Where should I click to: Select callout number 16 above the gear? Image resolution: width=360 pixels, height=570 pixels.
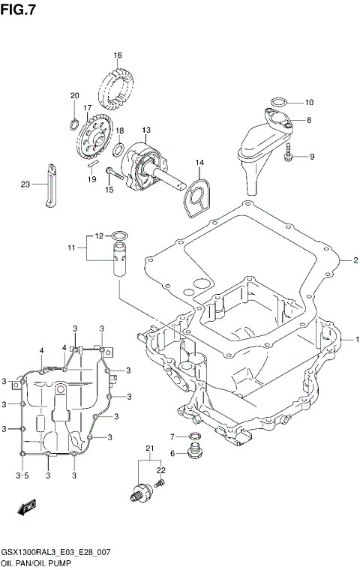[118, 55]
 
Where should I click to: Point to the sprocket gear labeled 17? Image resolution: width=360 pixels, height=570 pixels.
[95, 138]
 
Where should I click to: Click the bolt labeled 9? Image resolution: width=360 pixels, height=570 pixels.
[288, 157]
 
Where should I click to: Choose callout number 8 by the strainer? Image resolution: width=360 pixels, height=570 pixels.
[309, 120]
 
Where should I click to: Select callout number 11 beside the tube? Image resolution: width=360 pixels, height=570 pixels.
[71, 247]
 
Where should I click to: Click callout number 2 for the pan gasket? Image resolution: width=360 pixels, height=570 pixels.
[356, 260]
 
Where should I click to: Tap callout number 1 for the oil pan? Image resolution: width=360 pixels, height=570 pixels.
[357, 339]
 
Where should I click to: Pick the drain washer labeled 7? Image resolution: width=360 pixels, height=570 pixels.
[194, 436]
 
